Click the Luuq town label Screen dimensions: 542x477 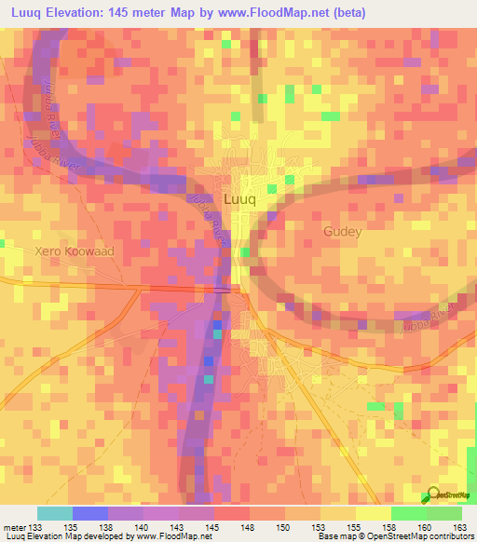pyautogui.click(x=239, y=199)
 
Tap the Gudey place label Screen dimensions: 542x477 pyautogui.click(x=341, y=231)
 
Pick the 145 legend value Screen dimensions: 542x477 pyautogui.click(x=213, y=527)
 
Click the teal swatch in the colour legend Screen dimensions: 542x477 pyautogui.click(x=54, y=514)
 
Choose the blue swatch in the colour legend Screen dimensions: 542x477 pyautogui.click(x=89, y=514)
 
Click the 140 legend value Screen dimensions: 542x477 pyautogui.click(x=143, y=527)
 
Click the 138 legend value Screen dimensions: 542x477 pyautogui.click(x=107, y=527)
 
